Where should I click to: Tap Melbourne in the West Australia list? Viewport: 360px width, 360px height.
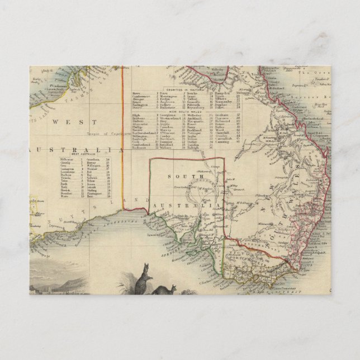[74, 159]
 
